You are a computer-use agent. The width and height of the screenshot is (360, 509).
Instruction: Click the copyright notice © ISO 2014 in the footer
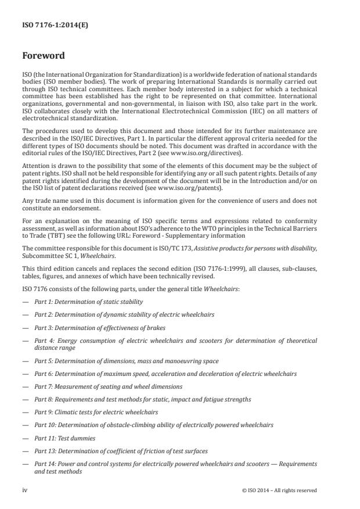[x=279, y=490]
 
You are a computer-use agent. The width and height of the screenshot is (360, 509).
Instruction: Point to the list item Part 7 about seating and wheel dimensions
[x=108, y=386]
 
